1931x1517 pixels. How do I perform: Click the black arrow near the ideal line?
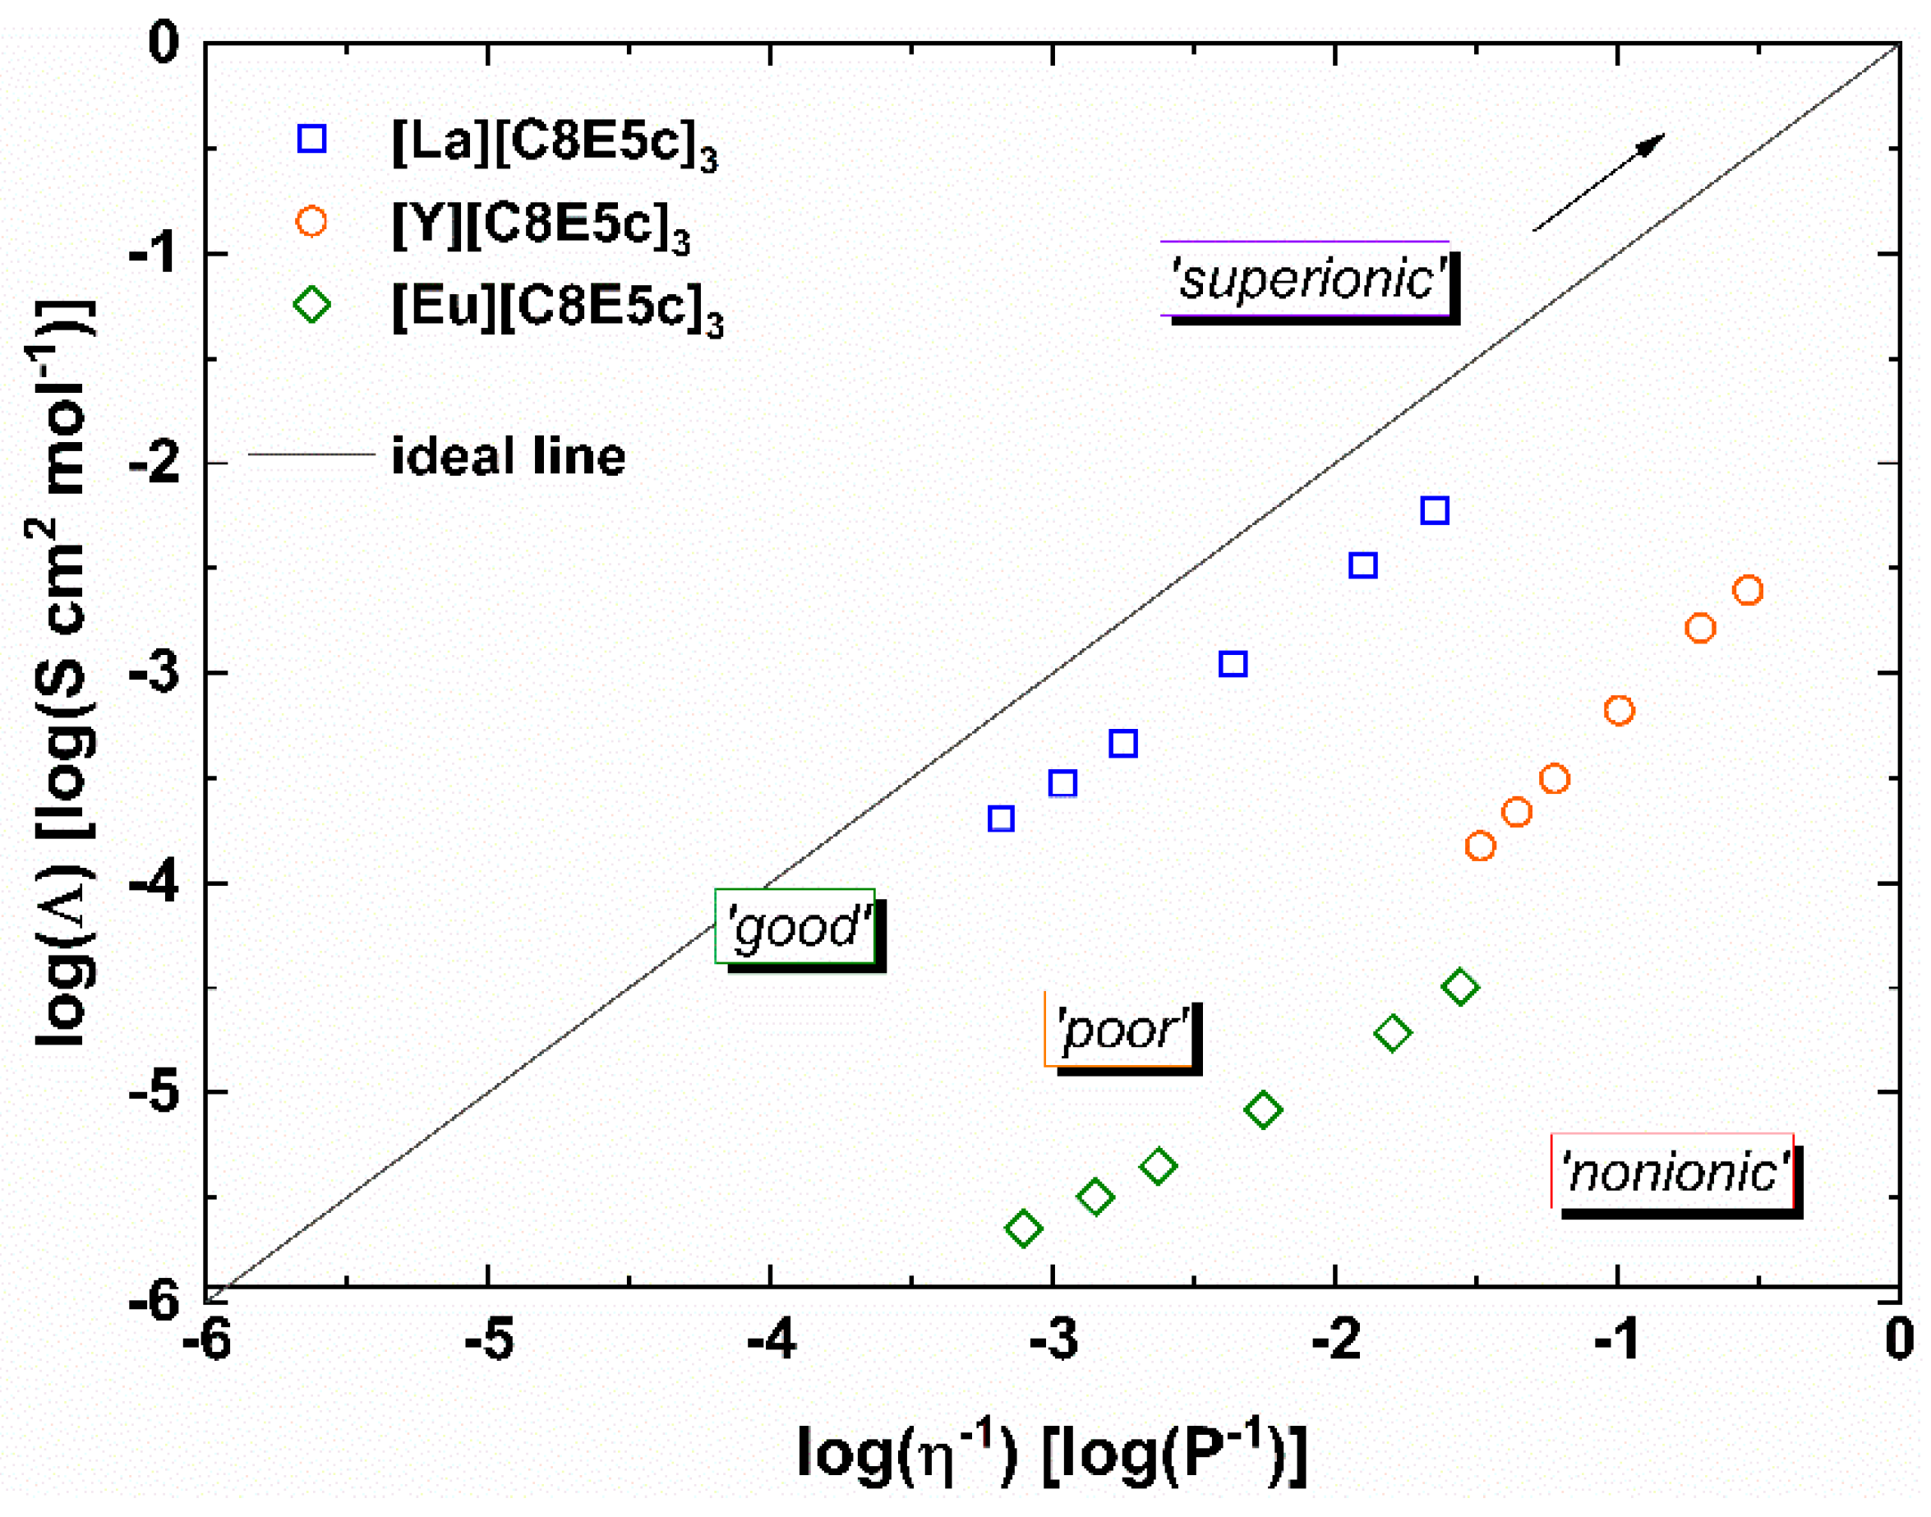(1599, 182)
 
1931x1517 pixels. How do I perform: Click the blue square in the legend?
(311, 139)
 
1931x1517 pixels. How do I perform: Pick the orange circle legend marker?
(311, 221)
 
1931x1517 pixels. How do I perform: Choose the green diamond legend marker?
(311, 305)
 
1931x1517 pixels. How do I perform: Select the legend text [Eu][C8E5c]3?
(558, 308)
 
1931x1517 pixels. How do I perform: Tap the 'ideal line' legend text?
(508, 457)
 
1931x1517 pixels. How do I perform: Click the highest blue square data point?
(1435, 510)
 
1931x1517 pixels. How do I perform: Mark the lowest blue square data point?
(1001, 818)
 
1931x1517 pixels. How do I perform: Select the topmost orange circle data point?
(1747, 591)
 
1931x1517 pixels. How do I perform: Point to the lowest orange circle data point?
(1480, 846)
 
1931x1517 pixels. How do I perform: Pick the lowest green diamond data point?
(1023, 1229)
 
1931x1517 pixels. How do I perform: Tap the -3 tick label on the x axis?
(1053, 1339)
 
